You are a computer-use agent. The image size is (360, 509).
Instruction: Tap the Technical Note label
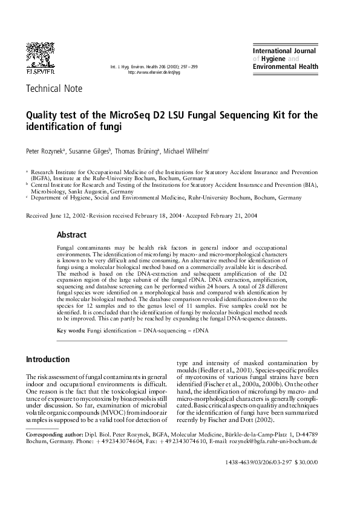click(x=54, y=89)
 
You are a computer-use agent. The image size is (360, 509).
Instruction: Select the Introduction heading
click(x=47, y=359)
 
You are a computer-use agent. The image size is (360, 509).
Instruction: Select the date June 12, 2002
click(x=68, y=216)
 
